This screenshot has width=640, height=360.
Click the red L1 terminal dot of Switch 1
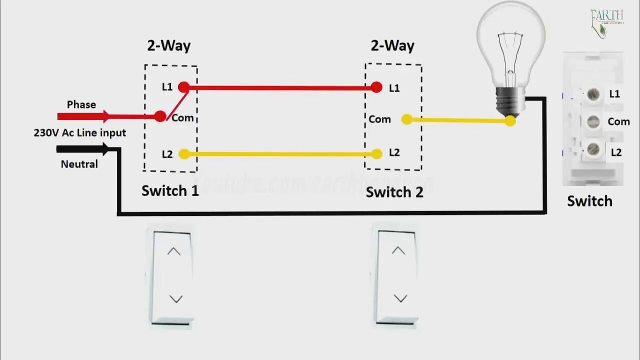(184, 87)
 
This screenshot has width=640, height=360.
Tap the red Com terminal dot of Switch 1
(160, 116)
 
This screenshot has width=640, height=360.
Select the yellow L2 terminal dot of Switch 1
(184, 154)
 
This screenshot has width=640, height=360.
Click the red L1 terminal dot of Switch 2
(376, 88)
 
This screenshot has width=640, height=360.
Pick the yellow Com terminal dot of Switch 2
(407, 119)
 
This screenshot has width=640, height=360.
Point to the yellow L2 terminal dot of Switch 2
(376, 154)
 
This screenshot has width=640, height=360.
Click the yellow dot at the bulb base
(510, 120)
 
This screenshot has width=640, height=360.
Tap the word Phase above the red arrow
(81, 104)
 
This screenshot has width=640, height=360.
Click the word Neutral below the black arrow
(79, 164)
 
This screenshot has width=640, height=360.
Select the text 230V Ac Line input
(80, 133)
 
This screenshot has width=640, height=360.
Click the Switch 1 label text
(170, 190)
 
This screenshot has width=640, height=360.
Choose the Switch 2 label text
(394, 192)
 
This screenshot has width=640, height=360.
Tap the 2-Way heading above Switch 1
(168, 46)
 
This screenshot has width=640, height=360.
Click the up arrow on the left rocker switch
(173, 251)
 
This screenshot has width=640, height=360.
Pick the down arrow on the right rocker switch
(400, 298)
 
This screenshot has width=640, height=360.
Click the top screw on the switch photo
(593, 94)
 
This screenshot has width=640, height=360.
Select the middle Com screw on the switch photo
(593, 121)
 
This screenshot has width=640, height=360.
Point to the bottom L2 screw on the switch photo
(593, 148)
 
